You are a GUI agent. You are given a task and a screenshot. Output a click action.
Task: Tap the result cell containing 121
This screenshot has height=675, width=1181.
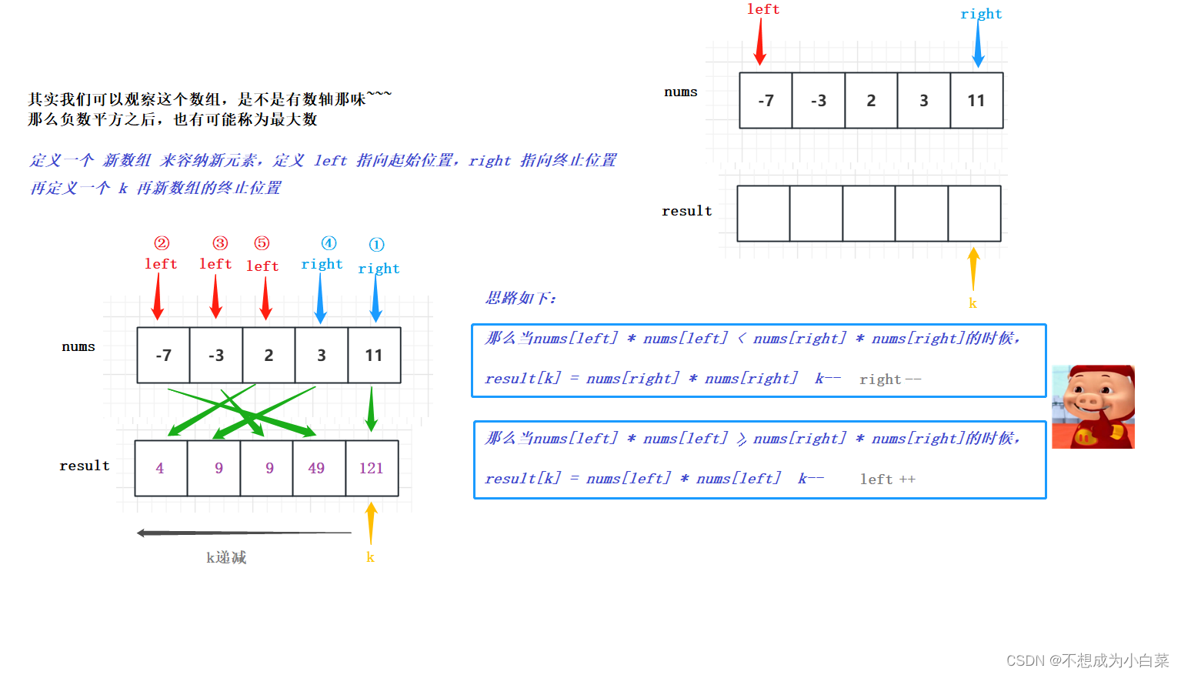click(x=372, y=468)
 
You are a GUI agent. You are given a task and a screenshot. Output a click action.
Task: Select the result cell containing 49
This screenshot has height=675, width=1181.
click(x=316, y=468)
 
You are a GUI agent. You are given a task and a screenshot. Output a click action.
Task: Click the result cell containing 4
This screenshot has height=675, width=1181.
click(x=160, y=468)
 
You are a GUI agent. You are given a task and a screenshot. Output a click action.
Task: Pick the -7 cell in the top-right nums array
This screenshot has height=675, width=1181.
click(x=766, y=101)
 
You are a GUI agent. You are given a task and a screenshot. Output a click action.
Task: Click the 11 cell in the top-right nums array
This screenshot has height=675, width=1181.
click(x=976, y=101)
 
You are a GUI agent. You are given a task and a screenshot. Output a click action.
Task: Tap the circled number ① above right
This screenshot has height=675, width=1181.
click(x=376, y=245)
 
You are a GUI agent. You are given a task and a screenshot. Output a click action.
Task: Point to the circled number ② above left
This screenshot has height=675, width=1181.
click(x=162, y=243)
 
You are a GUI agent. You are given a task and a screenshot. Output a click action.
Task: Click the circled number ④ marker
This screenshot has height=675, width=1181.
click(x=329, y=243)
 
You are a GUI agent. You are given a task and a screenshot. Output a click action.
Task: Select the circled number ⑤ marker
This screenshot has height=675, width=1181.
click(x=262, y=243)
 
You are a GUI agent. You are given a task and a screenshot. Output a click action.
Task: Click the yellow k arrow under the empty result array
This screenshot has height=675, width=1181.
click(x=973, y=269)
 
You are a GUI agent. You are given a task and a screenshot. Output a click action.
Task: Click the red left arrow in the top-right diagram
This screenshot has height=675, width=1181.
click(x=760, y=42)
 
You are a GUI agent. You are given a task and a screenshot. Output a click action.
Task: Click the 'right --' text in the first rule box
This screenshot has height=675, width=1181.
click(x=889, y=379)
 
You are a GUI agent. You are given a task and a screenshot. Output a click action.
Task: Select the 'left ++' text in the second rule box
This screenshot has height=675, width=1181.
click(x=887, y=480)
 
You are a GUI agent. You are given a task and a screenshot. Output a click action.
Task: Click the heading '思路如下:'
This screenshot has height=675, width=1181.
click(x=520, y=298)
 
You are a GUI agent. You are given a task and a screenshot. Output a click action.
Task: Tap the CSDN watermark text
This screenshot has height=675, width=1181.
click(x=1086, y=660)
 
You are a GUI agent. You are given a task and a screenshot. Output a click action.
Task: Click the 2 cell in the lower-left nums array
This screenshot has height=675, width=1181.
click(x=269, y=356)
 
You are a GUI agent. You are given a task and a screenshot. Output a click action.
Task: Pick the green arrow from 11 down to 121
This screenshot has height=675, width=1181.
click(x=372, y=409)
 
